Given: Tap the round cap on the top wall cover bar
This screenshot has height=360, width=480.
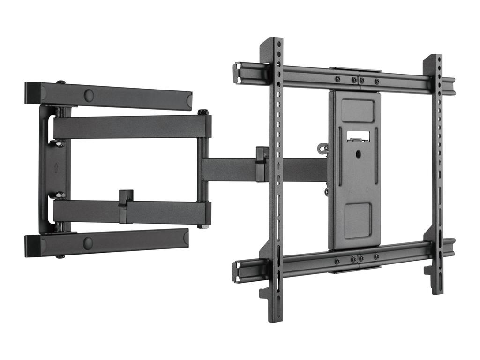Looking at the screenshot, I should (89, 96).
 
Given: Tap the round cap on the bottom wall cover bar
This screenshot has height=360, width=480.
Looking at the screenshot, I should (88, 243).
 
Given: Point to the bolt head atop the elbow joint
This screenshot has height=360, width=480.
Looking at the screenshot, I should (202, 112).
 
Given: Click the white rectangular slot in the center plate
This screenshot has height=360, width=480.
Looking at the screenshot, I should (358, 136).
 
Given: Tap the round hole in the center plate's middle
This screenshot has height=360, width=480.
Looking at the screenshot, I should (358, 153).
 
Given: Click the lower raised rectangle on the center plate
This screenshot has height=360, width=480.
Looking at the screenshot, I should (358, 220).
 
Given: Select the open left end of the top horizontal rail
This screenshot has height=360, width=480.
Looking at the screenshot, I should (237, 73).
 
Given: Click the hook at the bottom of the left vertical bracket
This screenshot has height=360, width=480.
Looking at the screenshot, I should (265, 293).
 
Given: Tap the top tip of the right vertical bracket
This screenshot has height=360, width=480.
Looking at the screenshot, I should (435, 58).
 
